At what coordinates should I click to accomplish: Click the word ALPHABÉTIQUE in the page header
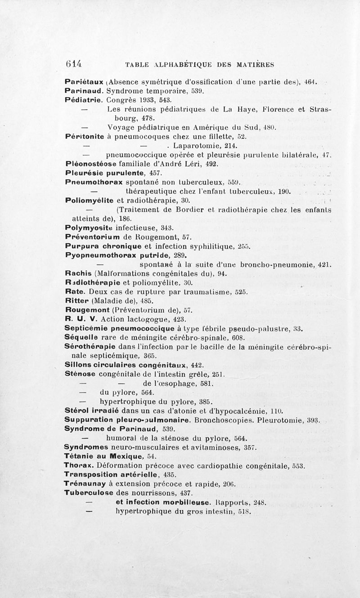177,64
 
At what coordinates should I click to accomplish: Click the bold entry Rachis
78,274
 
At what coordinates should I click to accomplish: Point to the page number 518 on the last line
243,512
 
